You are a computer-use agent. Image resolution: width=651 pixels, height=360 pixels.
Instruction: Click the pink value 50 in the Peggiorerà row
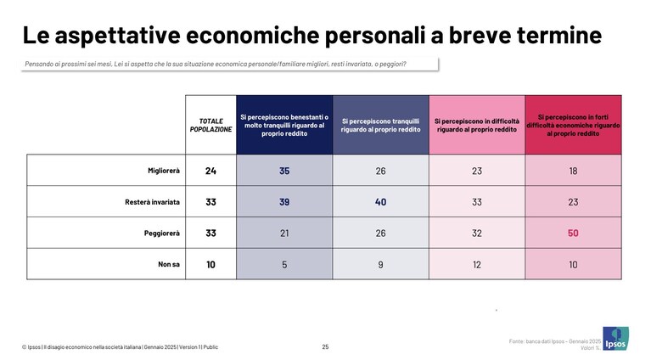(x=573, y=233)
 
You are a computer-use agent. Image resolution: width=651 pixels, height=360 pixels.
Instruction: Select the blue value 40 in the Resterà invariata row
(x=380, y=202)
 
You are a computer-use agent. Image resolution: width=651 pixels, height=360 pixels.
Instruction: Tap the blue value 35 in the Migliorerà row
(x=284, y=171)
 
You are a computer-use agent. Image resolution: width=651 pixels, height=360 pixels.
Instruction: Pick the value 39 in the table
(x=284, y=202)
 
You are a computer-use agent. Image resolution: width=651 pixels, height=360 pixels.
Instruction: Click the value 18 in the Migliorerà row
(x=573, y=171)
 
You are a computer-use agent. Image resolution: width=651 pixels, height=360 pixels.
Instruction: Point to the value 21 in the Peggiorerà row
(x=284, y=233)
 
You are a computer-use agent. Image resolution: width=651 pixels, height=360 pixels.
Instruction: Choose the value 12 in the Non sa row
(x=477, y=265)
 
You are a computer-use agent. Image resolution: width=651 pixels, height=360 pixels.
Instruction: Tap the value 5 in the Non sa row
(x=284, y=265)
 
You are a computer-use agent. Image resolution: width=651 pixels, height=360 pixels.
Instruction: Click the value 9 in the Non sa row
(x=380, y=265)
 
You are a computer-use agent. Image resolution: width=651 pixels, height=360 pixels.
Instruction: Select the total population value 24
(x=210, y=171)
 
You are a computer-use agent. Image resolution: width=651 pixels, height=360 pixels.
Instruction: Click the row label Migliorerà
(x=164, y=171)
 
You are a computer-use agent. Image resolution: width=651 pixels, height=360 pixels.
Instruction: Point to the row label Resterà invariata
(x=153, y=202)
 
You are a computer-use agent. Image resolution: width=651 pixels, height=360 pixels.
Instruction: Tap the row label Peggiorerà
(x=162, y=233)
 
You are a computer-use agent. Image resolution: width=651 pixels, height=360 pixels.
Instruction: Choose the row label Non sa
(x=169, y=265)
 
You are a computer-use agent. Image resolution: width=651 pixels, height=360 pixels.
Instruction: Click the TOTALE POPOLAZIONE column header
(x=210, y=126)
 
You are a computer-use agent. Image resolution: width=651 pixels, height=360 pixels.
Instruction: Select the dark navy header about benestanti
(x=284, y=126)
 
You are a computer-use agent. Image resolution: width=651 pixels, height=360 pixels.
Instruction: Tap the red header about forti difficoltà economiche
(x=573, y=126)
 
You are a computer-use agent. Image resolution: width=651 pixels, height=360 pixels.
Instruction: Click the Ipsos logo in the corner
(x=615, y=339)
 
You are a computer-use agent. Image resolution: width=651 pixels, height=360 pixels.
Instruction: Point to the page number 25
(x=326, y=346)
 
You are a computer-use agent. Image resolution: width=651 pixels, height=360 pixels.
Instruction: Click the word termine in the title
(x=559, y=35)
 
